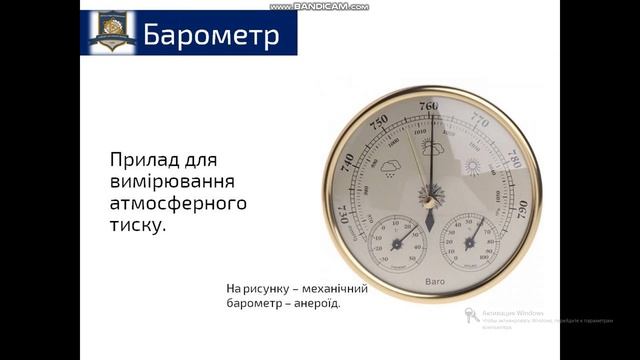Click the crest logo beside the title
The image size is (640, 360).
click(110, 31)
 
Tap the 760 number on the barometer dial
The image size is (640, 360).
click(429, 107)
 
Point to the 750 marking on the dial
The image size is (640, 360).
click(378, 121)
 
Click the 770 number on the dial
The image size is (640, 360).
click(480, 123)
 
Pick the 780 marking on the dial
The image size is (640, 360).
click(512, 160)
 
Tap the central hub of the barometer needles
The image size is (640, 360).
click(430, 201)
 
